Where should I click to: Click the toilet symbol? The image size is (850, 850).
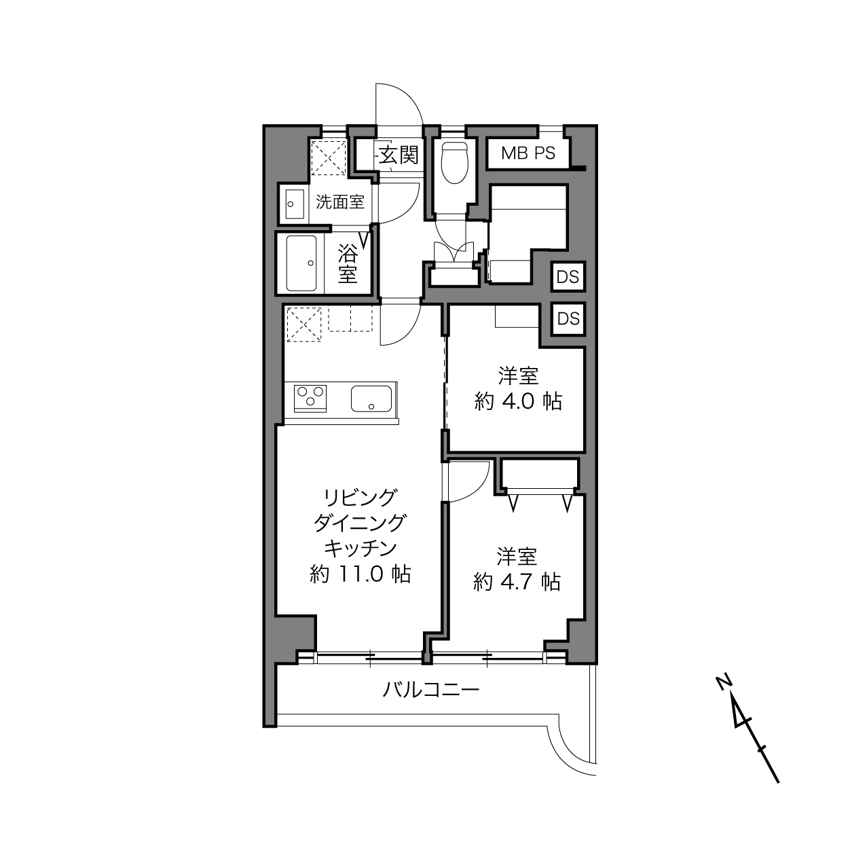[x=454, y=163]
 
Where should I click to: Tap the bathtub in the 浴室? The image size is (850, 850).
[x=301, y=263]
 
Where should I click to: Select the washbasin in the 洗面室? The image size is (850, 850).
[x=294, y=204]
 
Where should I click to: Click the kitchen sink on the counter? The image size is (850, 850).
[x=371, y=399]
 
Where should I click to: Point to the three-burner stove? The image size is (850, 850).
[x=310, y=399]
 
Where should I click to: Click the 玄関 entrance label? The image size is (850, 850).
[x=399, y=155]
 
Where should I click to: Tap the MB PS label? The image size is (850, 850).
[x=528, y=153]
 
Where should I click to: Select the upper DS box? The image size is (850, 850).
[x=568, y=277]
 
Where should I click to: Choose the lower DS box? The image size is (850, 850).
[x=568, y=318]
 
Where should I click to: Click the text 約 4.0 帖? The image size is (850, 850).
[x=518, y=401]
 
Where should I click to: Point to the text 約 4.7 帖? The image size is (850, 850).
[x=517, y=582]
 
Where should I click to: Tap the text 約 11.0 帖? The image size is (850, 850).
[x=361, y=574]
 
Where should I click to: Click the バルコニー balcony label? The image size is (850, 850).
[x=430, y=689]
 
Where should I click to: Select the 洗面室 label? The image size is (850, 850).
[x=340, y=202]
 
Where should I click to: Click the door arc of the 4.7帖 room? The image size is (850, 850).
[x=479, y=491]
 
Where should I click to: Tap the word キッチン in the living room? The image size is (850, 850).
[x=361, y=549]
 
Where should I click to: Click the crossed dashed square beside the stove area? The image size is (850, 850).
[x=304, y=325]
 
